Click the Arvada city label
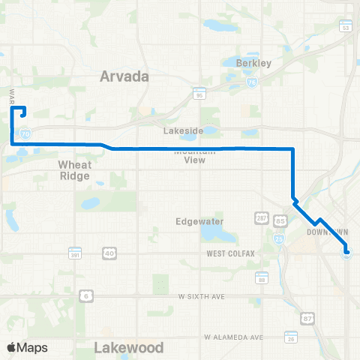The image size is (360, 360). point(124,76)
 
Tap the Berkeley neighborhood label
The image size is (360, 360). point(247,64)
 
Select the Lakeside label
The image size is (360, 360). point(188,130)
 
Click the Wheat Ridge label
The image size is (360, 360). point(74,170)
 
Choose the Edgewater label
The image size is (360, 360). point(196,221)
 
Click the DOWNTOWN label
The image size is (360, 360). point(324,232)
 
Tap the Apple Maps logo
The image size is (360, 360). point(27,347)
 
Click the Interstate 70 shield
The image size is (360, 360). point(26,133)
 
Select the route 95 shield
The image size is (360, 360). point(199,95)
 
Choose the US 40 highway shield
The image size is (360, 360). point(109,253)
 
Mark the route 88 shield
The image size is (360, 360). point(261,279)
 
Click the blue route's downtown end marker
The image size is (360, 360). point(346,253)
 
